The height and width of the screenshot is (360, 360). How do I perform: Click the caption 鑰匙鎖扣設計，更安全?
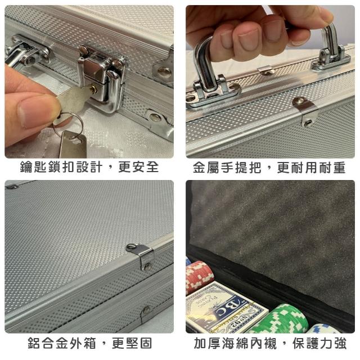tap(89, 167)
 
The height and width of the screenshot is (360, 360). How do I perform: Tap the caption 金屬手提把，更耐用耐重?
tap(269, 168)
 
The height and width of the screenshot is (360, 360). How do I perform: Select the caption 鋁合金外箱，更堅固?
tap(90, 343)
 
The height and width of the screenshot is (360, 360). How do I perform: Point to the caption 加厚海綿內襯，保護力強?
tap(270, 344)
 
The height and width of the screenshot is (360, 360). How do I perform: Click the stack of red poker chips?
tap(199, 276)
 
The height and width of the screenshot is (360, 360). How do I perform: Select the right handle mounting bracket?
tap(331, 58)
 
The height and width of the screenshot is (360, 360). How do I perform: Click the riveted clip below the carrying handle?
tap(305, 111)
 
